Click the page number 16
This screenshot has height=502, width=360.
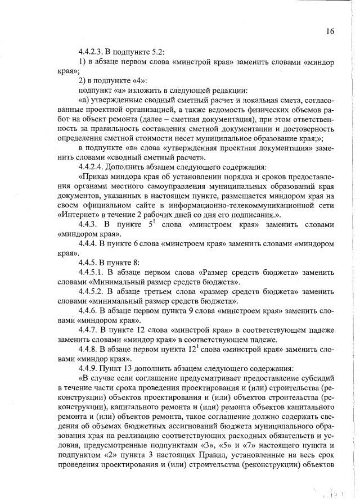(x=330, y=31)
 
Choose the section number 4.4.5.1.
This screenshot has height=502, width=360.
(x=92, y=272)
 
